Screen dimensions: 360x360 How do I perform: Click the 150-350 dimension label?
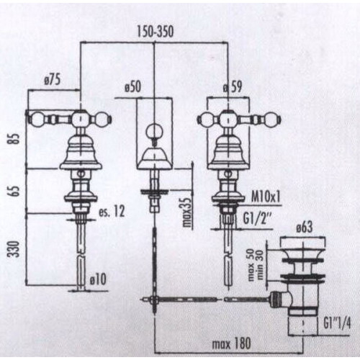pyautogui.click(x=155, y=32)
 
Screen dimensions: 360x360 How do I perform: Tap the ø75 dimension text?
pyautogui.click(x=53, y=80)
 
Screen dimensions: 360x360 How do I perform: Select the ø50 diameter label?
pyautogui.click(x=133, y=86)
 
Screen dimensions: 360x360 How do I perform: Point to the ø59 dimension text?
pyautogui.click(x=233, y=87)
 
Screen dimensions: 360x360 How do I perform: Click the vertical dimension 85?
pyautogui.click(x=16, y=138)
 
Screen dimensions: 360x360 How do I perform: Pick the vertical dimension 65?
pyautogui.click(x=16, y=191)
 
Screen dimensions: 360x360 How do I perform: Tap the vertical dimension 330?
pyautogui.click(x=15, y=249)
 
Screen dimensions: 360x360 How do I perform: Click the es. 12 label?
pyautogui.click(x=112, y=212)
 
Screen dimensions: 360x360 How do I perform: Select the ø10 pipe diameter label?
pyautogui.click(x=98, y=279)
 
